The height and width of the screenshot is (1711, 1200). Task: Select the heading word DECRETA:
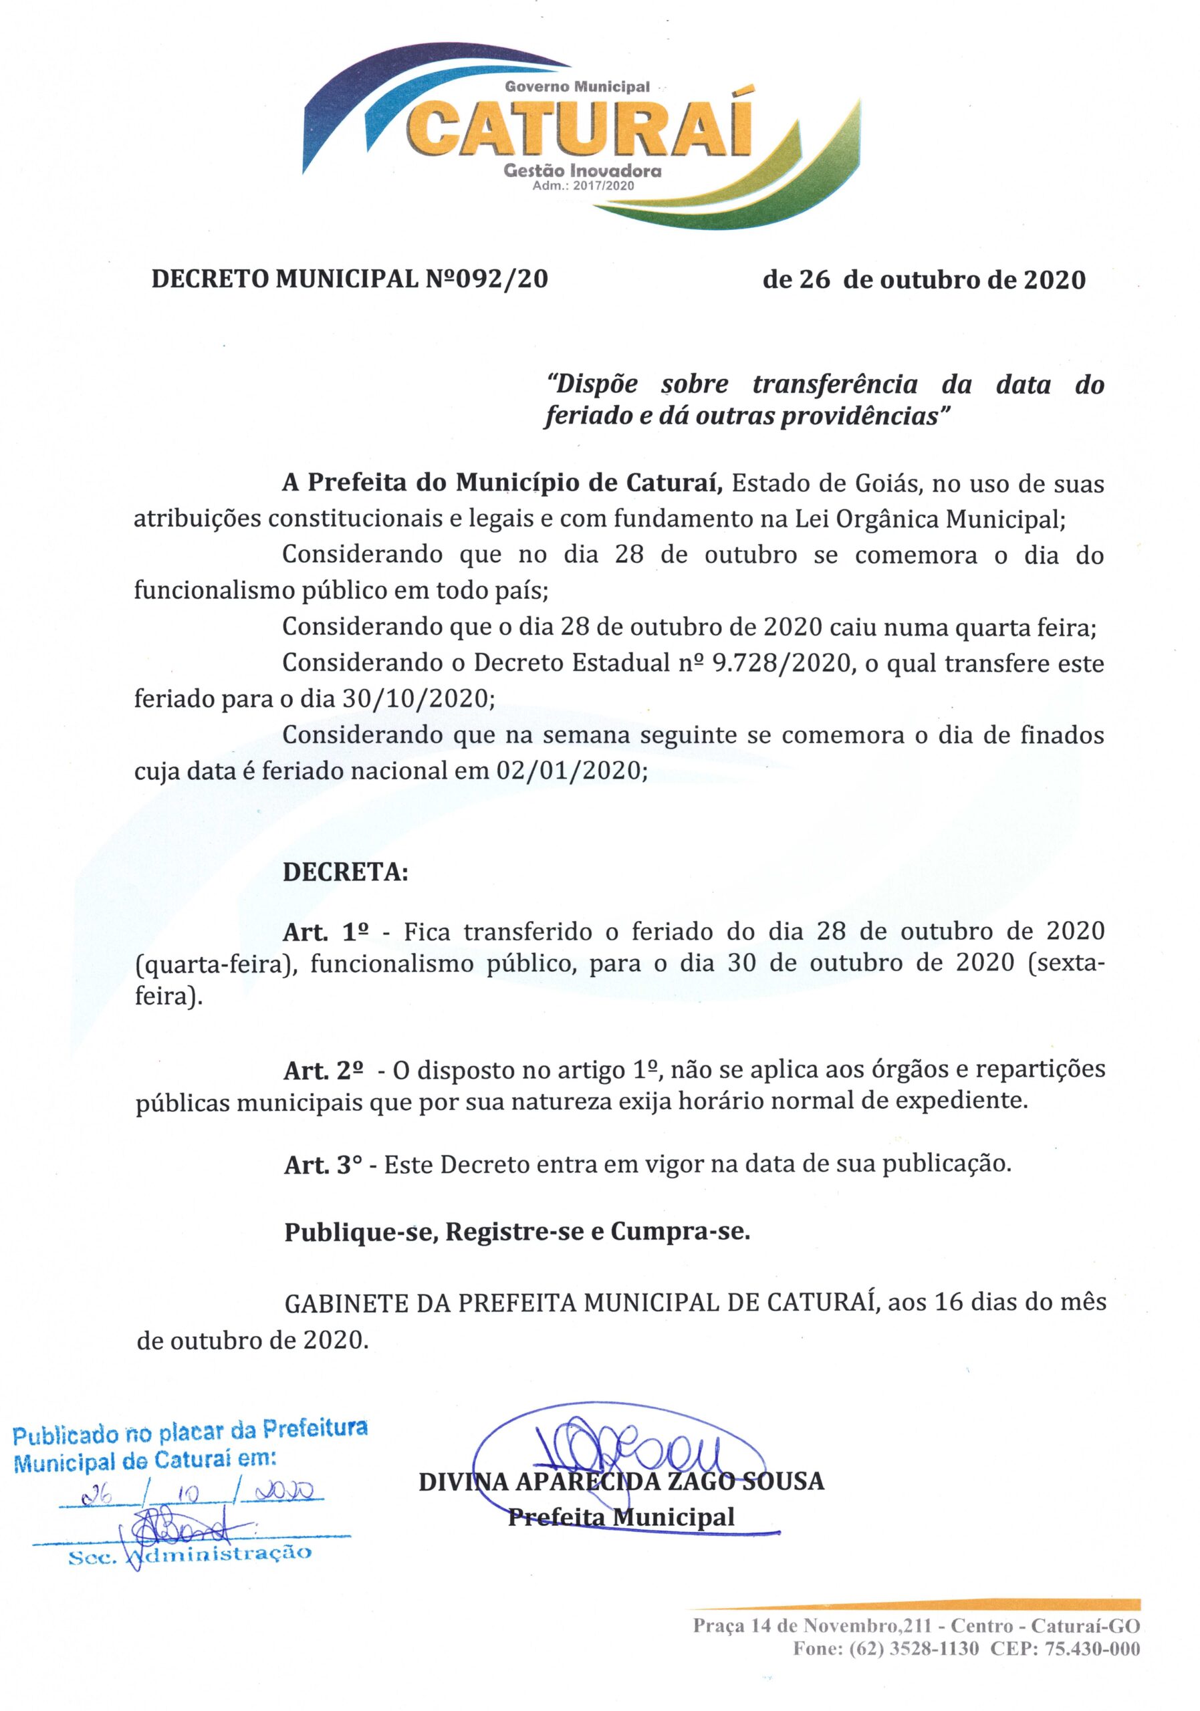pos(345,873)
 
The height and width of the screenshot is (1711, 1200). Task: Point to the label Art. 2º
pos(323,1071)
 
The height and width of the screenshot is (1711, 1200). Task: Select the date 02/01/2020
pos(570,771)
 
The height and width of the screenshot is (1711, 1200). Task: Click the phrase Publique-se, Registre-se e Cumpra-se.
pos(517,1232)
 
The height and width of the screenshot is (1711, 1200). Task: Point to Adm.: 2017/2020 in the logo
pos(583,186)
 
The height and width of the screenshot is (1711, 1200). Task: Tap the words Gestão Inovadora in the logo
pos(582,170)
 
